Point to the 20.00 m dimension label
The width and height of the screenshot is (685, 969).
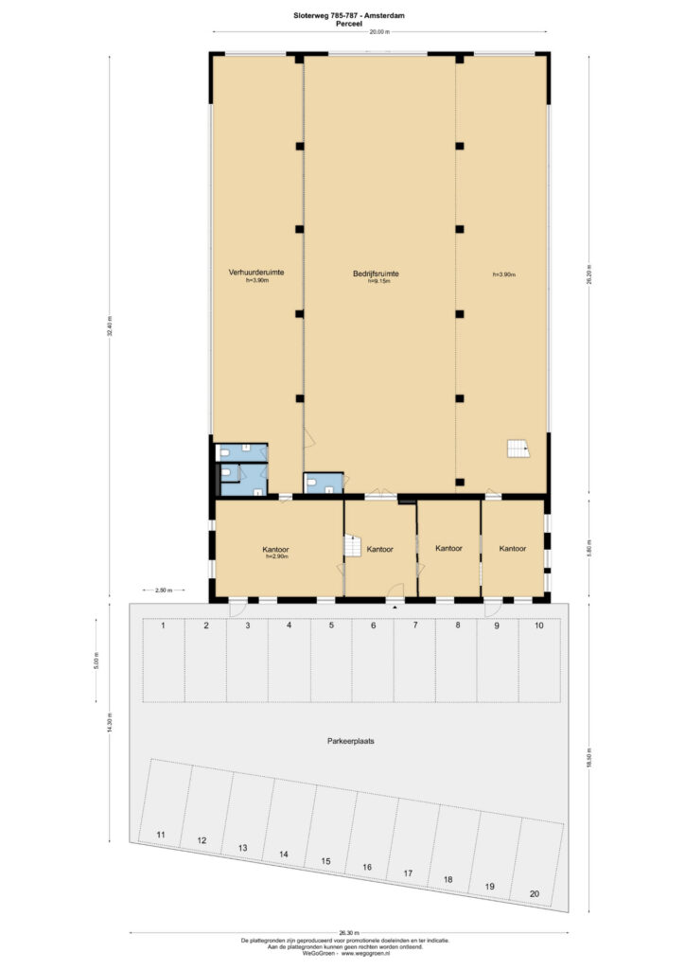click(x=379, y=33)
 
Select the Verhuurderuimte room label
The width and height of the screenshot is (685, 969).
click(x=256, y=273)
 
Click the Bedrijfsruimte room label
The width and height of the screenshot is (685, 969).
click(x=376, y=273)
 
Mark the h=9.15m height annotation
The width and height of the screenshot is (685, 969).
click(x=379, y=281)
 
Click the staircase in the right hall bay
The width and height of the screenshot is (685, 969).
click(x=517, y=449)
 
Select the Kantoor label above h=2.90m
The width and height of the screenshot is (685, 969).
click(x=276, y=549)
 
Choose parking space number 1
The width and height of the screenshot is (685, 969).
click(x=164, y=626)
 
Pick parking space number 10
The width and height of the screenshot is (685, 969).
click(x=538, y=626)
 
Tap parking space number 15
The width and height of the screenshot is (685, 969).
click(x=325, y=861)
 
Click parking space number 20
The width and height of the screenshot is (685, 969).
click(x=535, y=894)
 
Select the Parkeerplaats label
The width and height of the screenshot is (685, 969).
click(x=351, y=741)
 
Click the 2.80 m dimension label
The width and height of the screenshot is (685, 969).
click(x=163, y=590)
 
